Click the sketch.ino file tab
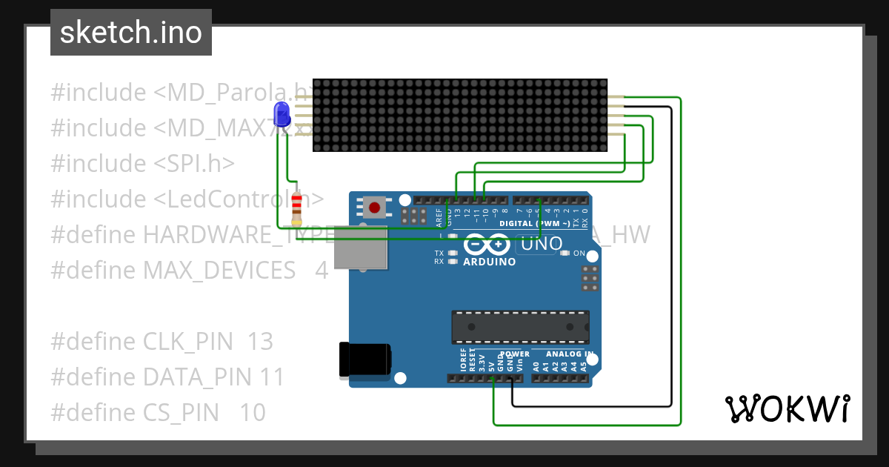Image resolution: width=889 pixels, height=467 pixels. [130, 33]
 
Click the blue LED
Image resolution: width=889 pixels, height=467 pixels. [282, 115]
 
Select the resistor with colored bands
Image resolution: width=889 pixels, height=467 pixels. [297, 208]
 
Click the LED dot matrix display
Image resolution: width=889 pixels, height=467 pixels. [460, 116]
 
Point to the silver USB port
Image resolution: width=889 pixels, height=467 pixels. [361, 247]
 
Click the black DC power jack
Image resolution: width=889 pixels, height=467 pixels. [364, 360]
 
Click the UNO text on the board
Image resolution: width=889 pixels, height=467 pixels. [542, 244]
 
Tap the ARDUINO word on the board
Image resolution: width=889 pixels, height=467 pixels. [489, 262]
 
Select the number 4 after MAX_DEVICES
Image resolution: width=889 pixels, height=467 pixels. [322, 271]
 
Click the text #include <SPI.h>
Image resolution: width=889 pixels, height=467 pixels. [143, 164]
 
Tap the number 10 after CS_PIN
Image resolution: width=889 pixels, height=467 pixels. [253, 413]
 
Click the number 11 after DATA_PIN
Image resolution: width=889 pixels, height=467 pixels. [272, 377]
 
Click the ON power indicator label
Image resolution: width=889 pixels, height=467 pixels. [579, 254]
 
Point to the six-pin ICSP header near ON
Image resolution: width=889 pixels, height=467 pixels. [590, 278]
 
